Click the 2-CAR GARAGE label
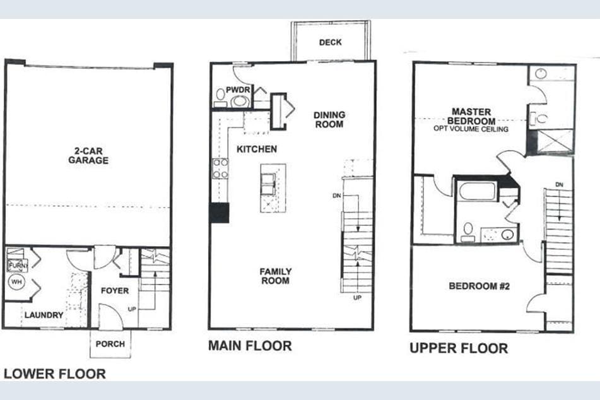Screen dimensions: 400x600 (88, 156)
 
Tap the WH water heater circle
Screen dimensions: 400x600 (16, 283)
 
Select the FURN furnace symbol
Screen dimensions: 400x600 (15, 265)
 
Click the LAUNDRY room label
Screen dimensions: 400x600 (44, 315)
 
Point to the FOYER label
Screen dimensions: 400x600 (115, 291)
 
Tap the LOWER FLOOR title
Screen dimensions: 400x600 (55, 374)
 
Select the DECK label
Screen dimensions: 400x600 (330, 42)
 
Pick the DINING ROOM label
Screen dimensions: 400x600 (329, 119)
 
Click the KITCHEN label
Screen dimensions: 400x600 (257, 150)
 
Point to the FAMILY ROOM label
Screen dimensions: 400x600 (276, 276)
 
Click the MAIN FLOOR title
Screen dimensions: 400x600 (250, 346)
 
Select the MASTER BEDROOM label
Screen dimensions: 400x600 (471, 116)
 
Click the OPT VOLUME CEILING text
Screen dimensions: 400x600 (471, 129)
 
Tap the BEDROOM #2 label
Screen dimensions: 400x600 (479, 286)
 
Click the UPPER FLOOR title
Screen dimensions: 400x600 (459, 348)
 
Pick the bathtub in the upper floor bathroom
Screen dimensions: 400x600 (478, 191)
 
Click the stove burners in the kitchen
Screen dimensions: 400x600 (220, 168)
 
